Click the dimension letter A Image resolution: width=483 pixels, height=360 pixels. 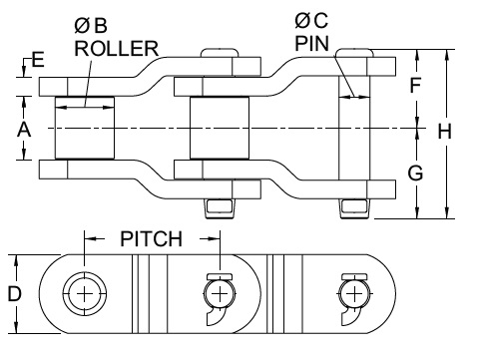24,130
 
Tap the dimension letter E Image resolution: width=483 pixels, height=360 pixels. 38,60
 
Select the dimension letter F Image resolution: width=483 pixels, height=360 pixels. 415,85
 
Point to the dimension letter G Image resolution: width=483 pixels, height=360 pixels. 415,173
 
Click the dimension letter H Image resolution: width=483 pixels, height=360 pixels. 444,131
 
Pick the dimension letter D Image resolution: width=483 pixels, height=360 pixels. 15,294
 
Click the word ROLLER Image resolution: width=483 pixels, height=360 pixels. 116,49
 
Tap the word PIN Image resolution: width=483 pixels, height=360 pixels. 312,44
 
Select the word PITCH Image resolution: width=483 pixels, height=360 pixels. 152,238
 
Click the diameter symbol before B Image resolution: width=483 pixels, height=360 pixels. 82,26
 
